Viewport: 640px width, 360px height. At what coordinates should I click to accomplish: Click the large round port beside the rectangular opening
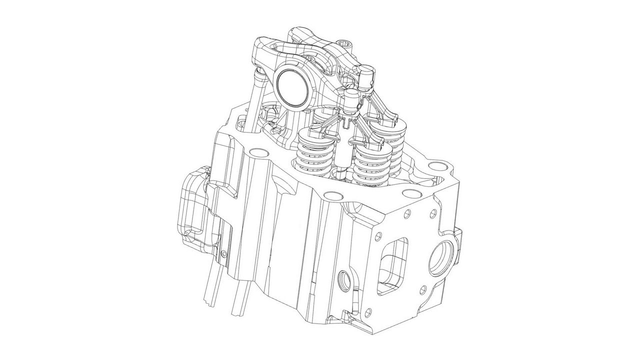[x=441, y=257]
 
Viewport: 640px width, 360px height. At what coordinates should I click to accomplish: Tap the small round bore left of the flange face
[x=344, y=280]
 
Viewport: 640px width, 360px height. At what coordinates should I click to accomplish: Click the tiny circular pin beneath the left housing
[x=223, y=255]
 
